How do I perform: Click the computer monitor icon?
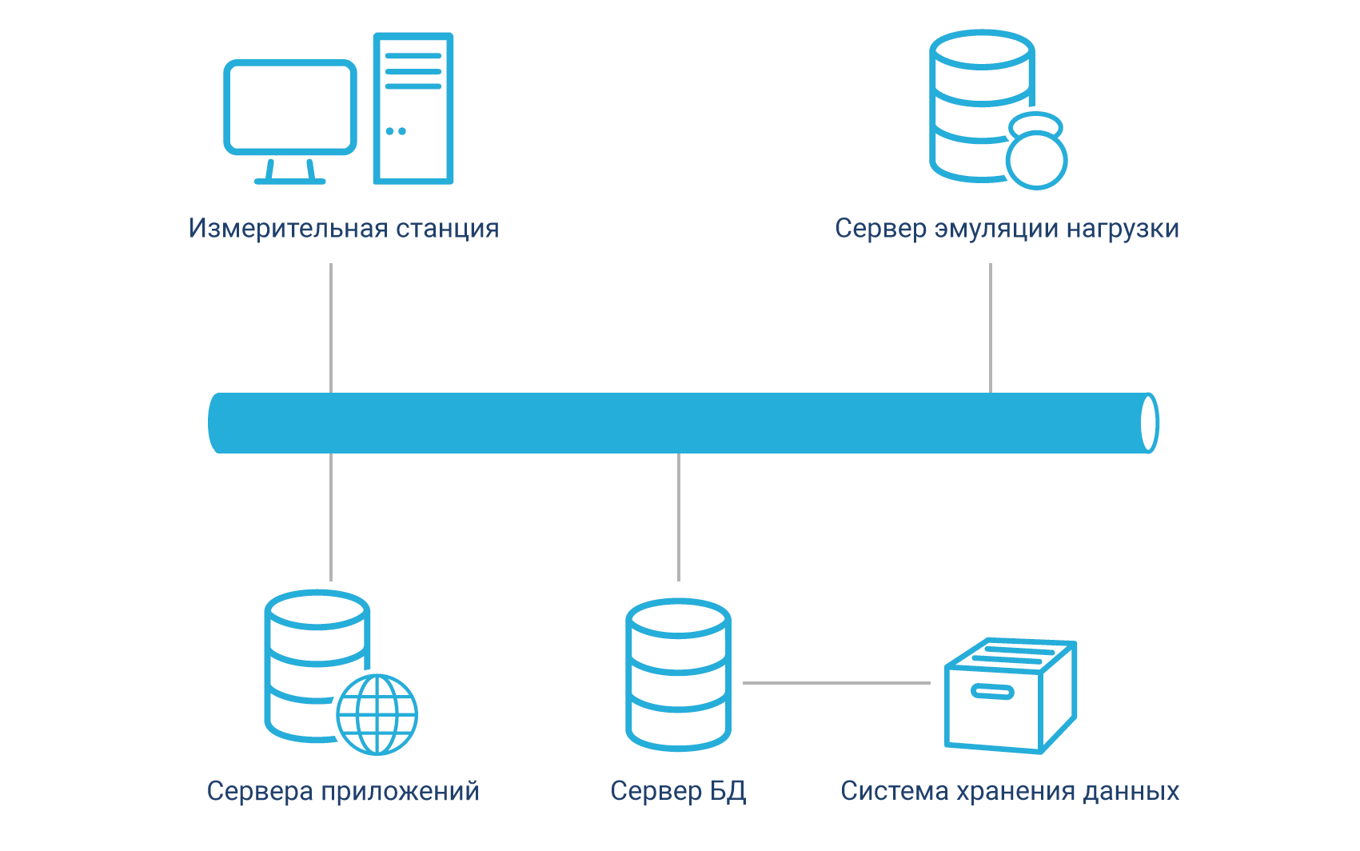pos(289,107)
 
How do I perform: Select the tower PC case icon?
pos(413,108)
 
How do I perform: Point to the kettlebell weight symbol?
pos(1036,154)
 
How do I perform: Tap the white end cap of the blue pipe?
pos(1149,423)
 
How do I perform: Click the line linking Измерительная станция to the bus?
pos(331,328)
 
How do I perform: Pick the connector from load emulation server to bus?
pos(991,328)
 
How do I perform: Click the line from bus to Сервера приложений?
pos(331,517)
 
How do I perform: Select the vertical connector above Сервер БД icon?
pos(679,517)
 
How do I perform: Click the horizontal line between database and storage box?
pos(836,683)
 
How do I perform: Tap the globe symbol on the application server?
pos(377,715)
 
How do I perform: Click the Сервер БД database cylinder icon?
pos(678,675)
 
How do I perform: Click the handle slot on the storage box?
pos(992,692)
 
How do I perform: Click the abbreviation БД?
pos(728,792)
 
